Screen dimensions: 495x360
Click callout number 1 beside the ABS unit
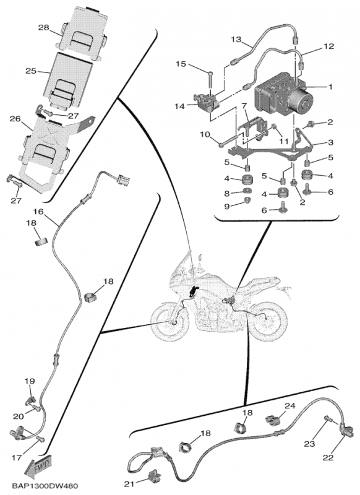click(x=330, y=87)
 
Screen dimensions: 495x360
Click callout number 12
click(x=328, y=47)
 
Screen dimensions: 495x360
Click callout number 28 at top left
click(x=44, y=28)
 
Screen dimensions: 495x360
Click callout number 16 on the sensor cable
click(x=38, y=212)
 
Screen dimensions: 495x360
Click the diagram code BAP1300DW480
click(x=44, y=486)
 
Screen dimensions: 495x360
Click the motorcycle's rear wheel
click(x=267, y=320)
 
